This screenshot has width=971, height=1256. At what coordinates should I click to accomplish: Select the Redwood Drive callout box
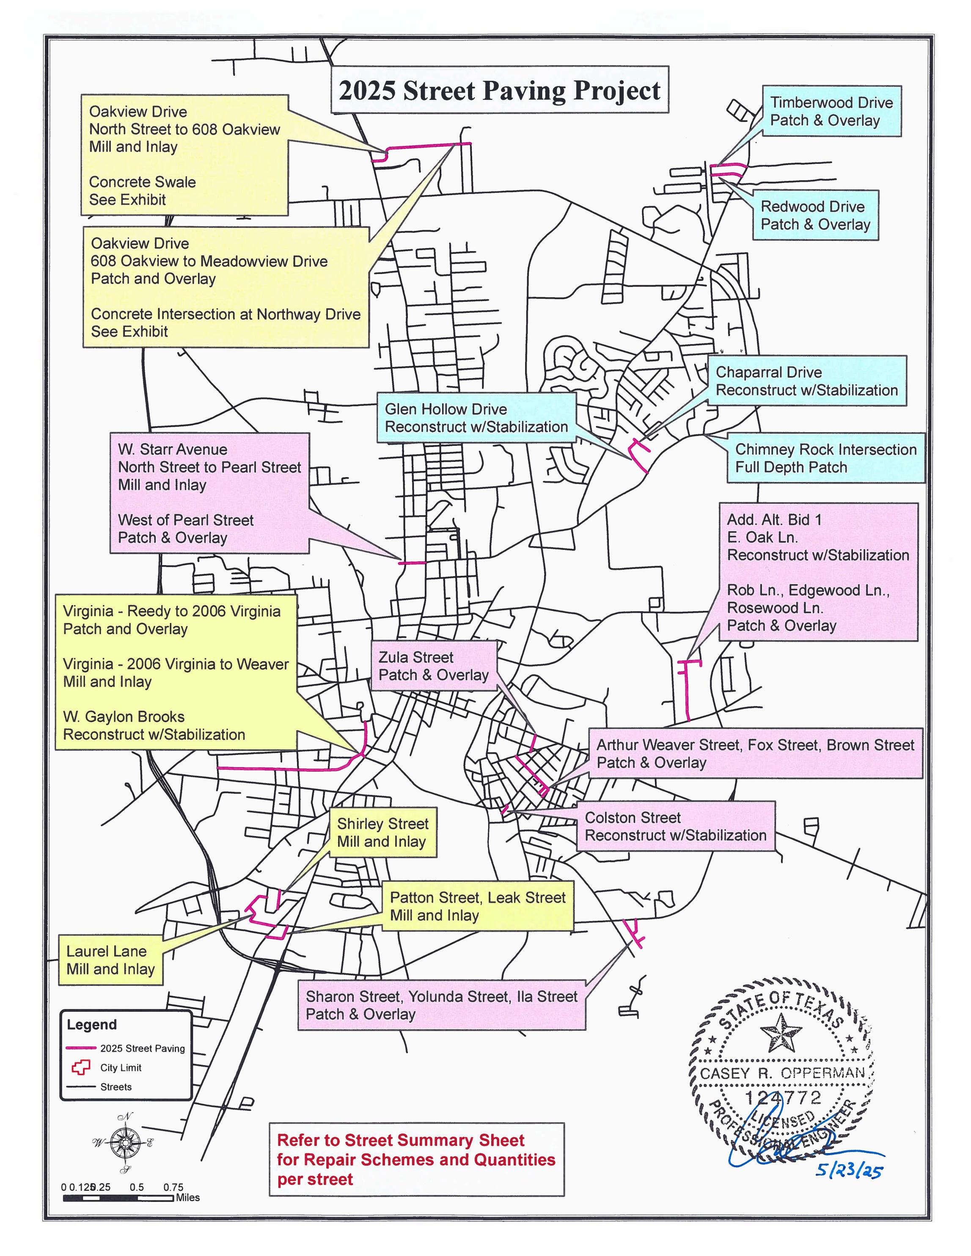[815, 215]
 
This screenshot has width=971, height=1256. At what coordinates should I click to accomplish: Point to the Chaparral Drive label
[806, 381]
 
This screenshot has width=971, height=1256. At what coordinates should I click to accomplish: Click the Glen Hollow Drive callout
[476, 418]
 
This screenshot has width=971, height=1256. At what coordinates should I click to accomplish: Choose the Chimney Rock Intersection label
[825, 458]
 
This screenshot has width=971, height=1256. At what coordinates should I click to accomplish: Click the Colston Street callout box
[676, 826]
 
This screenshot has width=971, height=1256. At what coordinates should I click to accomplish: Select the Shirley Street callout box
[382, 833]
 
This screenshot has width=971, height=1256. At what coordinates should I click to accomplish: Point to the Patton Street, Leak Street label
[477, 906]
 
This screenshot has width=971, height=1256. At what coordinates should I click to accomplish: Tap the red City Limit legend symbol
[81, 1067]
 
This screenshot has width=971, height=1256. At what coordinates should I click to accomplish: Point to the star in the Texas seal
[780, 1031]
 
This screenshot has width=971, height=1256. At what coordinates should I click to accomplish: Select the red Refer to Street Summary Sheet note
[416, 1159]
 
